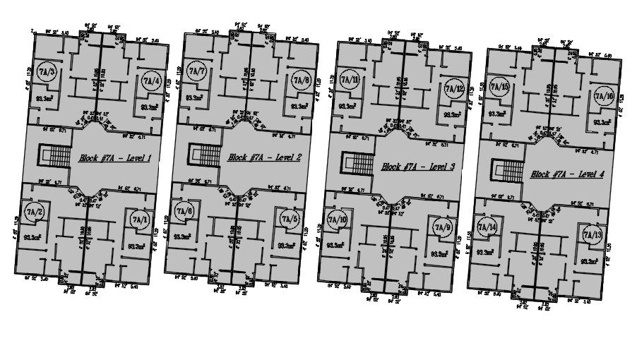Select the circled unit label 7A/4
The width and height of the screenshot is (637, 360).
point(150,80)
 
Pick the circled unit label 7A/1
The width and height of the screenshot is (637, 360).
point(137,220)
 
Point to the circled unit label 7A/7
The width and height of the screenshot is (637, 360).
point(197,72)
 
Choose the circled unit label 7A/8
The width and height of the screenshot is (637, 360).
point(301,80)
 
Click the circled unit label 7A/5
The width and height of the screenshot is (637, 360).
point(287,220)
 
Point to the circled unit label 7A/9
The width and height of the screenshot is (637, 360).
point(442,228)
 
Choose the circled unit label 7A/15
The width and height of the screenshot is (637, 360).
point(501,87)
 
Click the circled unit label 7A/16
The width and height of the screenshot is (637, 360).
point(605,96)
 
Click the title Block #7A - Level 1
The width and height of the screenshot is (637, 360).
point(115,158)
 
